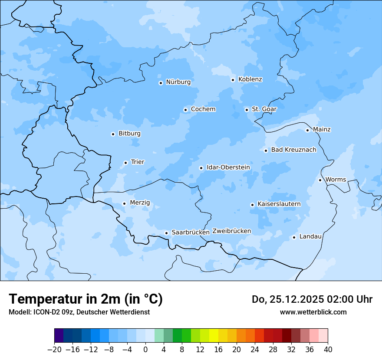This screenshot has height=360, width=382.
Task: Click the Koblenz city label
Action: (x=250, y=79)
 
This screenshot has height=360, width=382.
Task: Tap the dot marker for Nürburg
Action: (x=161, y=82)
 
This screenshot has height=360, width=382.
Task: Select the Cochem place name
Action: (x=203, y=109)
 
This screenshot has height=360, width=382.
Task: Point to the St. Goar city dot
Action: (x=247, y=110)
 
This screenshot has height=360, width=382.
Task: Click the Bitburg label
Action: (x=129, y=134)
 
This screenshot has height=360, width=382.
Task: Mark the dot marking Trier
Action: (x=125, y=163)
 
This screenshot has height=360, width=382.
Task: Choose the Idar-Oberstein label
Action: (x=228, y=167)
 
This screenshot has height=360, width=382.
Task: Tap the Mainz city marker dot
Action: (x=307, y=130)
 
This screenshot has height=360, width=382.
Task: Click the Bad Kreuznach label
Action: (x=293, y=150)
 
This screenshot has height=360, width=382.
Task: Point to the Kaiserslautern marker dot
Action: (x=252, y=205)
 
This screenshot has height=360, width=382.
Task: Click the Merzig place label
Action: (x=140, y=203)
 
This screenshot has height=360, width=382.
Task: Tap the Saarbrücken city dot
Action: (x=166, y=233)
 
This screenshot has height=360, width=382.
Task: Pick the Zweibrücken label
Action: (x=231, y=231)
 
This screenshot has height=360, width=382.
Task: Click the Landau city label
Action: (x=310, y=236)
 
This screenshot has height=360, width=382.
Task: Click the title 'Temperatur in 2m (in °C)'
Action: (x=86, y=299)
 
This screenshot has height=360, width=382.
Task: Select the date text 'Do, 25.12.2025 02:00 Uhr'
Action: (x=312, y=299)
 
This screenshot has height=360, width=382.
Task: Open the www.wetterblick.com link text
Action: (x=313, y=312)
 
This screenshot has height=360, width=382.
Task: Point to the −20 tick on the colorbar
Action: (x=55, y=350)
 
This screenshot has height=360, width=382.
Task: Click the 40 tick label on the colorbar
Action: (x=328, y=350)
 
